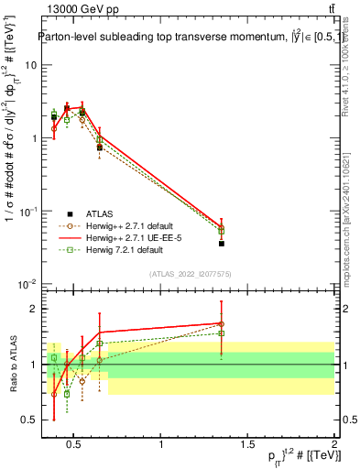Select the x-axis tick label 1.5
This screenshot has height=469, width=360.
[248, 445]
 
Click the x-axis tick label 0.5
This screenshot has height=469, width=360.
[75, 445]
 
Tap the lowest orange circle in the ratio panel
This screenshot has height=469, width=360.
[54, 394]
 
